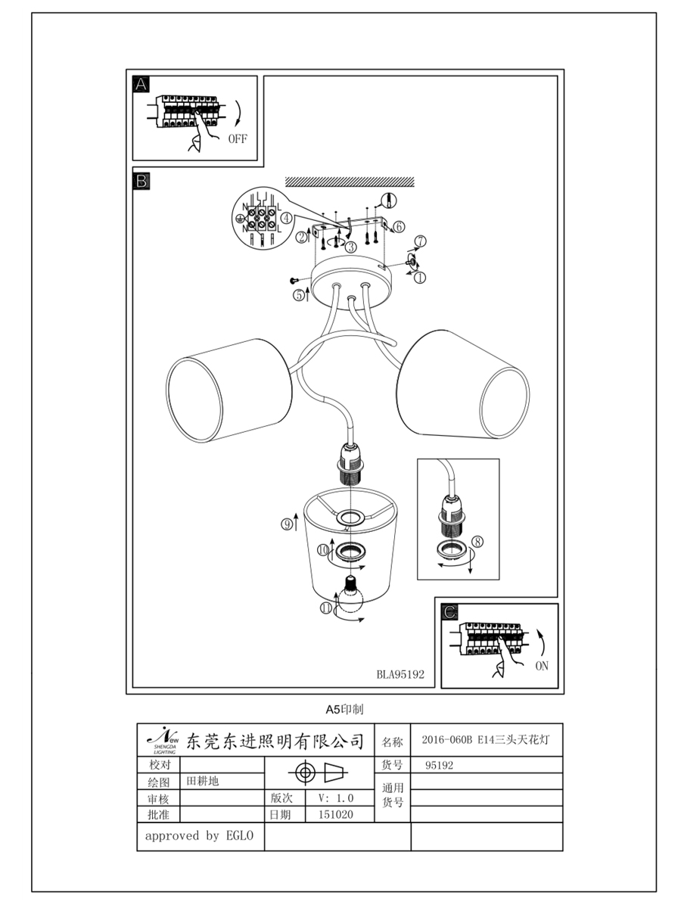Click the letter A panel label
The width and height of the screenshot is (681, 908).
141,85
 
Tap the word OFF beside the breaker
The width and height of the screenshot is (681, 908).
238,139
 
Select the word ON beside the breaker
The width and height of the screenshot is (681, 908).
542,666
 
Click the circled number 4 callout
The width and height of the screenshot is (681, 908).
286,218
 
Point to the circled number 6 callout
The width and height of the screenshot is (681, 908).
399,227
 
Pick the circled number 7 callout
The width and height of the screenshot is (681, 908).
421,241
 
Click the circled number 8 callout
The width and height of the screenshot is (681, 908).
477,542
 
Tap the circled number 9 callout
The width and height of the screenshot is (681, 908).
287,524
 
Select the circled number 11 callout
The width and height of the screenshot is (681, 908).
326,608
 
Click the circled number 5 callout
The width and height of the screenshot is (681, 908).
299,295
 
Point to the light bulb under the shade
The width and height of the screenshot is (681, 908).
350,595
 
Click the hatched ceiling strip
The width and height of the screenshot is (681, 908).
350,182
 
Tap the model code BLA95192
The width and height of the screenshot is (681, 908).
400,675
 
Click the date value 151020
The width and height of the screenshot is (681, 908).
336,814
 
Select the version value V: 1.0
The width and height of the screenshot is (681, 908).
336,798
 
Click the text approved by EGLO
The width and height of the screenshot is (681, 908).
199,836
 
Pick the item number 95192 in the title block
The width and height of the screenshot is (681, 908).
439,765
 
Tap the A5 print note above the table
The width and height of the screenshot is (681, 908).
344,710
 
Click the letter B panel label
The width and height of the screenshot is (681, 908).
141,181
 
